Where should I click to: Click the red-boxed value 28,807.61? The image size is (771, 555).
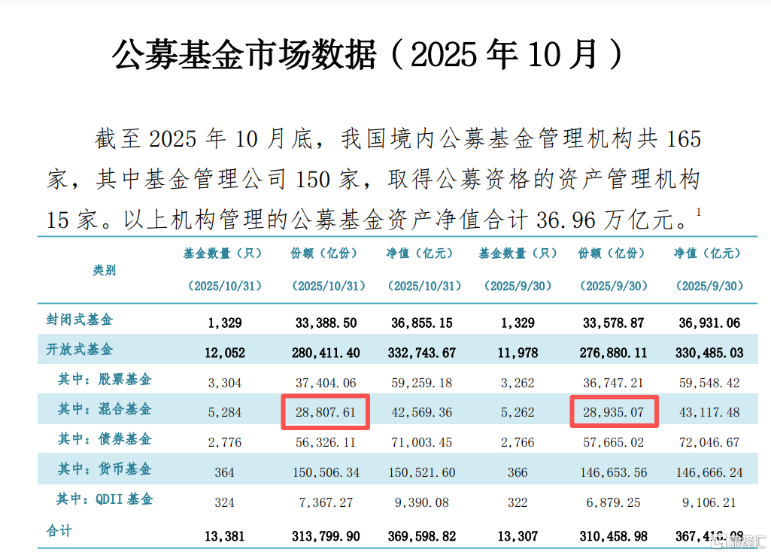click(x=326, y=412)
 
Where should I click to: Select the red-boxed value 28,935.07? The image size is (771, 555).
click(x=614, y=412)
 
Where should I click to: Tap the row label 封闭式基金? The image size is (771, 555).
click(x=79, y=320)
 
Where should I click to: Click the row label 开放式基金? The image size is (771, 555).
click(x=79, y=350)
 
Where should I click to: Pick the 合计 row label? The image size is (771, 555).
click(x=59, y=531)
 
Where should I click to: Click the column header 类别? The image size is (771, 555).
click(x=105, y=270)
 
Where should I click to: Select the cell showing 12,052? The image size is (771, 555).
click(x=224, y=353)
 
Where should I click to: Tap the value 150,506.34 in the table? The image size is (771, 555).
click(x=326, y=472)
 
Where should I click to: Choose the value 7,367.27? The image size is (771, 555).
click(x=326, y=502)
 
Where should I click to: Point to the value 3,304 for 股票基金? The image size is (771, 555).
click(x=224, y=383)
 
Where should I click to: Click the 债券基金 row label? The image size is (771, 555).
click(x=105, y=439)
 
